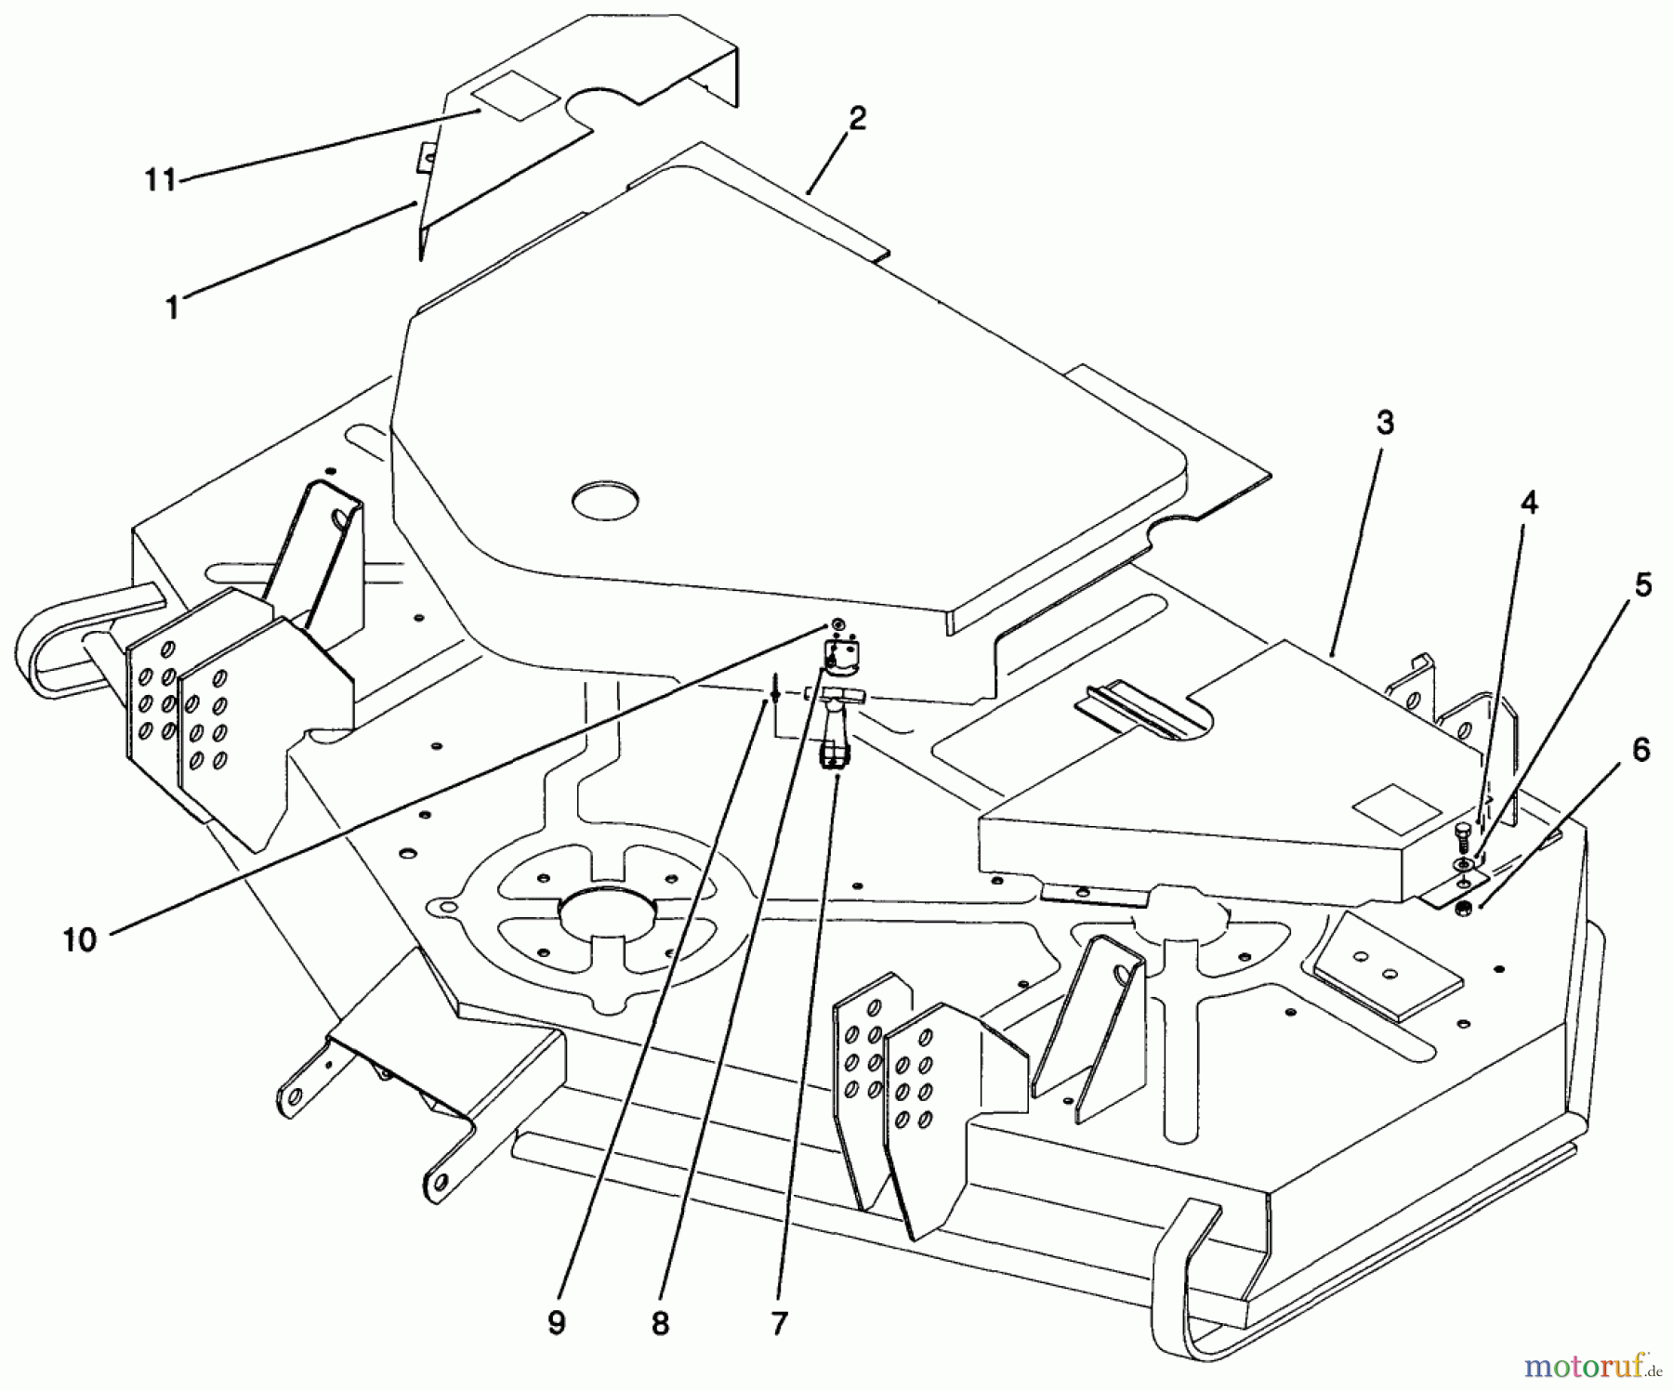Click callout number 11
[x=160, y=179]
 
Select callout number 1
[x=172, y=308]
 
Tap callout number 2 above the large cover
[x=857, y=118]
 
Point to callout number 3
[x=1385, y=423]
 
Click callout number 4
[x=1529, y=504]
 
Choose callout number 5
[x=1643, y=585]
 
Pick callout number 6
[x=1641, y=749]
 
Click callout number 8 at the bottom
[x=660, y=1323]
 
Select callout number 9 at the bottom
[x=556, y=1323]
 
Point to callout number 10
[x=80, y=939]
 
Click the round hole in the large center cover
[x=606, y=500]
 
